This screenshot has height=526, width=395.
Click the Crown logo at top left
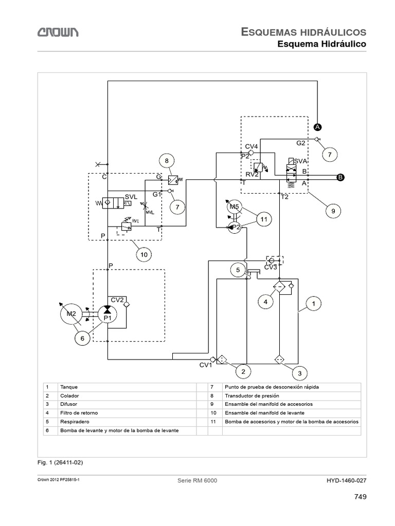pyautogui.click(x=57, y=33)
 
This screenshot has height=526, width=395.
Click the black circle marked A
pyautogui.click(x=318, y=126)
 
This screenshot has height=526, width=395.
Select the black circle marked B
pyautogui.click(x=339, y=178)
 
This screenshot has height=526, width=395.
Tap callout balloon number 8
pyautogui.click(x=167, y=161)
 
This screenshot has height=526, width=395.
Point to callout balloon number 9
pyautogui.click(x=333, y=210)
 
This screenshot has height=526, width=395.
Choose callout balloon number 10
pyautogui.click(x=144, y=253)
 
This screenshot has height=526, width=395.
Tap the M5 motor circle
pyautogui.click(x=235, y=206)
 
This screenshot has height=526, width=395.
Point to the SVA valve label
pyautogui.click(x=301, y=161)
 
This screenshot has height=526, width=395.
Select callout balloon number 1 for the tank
pyautogui.click(x=312, y=304)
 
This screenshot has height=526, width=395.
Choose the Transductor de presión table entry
pyautogui.click(x=249, y=396)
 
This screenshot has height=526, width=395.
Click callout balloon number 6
pyautogui.click(x=82, y=338)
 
